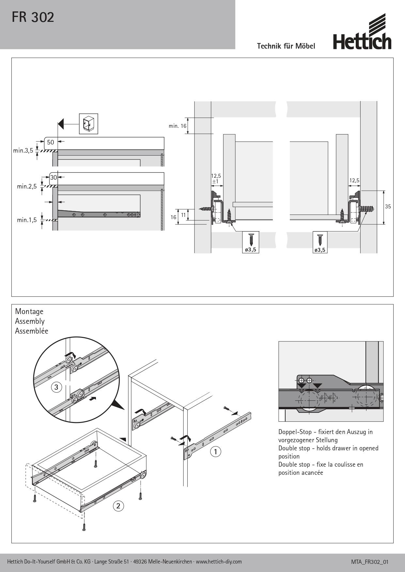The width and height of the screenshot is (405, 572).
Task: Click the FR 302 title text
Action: click(x=33, y=17)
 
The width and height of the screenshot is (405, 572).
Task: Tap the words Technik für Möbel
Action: click(x=286, y=46)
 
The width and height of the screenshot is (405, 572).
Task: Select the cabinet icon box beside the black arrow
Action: click(x=88, y=124)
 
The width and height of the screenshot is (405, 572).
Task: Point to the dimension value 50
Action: click(x=51, y=142)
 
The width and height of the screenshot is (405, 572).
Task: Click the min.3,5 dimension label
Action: click(x=23, y=150)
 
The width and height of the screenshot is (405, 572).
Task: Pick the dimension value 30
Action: click(x=54, y=177)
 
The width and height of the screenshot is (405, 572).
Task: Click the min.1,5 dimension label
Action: click(x=27, y=220)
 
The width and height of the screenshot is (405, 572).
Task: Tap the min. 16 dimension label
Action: click(x=178, y=126)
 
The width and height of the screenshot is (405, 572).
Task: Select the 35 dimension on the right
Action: click(x=388, y=206)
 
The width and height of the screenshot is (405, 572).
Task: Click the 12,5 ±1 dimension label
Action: click(x=216, y=178)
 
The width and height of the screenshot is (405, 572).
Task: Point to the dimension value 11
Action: click(x=183, y=215)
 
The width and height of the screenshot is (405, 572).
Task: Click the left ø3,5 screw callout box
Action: click(x=251, y=242)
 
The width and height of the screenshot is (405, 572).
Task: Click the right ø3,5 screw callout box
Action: click(x=320, y=242)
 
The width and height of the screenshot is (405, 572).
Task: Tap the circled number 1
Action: click(x=215, y=452)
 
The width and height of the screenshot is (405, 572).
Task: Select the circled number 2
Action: click(x=118, y=506)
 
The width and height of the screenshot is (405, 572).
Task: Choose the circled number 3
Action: click(x=56, y=387)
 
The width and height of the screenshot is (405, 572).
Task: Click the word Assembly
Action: click(x=30, y=321)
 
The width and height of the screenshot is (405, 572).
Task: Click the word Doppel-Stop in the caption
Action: click(x=295, y=432)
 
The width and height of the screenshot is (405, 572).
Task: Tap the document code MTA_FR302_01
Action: click(x=370, y=562)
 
